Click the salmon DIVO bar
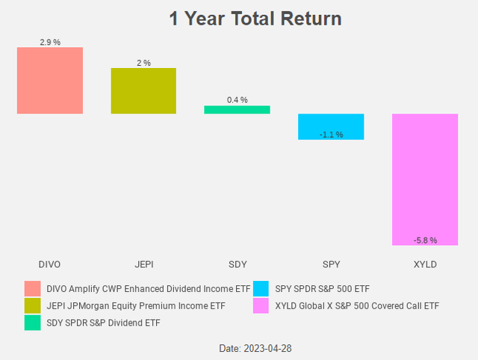click(x=50, y=81)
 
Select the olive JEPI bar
click(x=143, y=90)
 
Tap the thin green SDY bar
click(x=237, y=110)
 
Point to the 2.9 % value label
click(x=50, y=43)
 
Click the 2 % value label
click(x=143, y=63)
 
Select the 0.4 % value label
click(x=237, y=100)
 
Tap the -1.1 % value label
click(x=331, y=134)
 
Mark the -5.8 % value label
click(x=424, y=240)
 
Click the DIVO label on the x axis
click(x=50, y=264)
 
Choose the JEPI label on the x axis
click(x=143, y=264)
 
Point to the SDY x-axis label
click(x=237, y=264)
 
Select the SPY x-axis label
click(x=331, y=264)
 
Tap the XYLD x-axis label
click(x=424, y=264)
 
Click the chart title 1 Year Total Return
click(x=255, y=18)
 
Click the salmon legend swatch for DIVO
click(x=32, y=288)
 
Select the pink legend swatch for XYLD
click(x=261, y=305)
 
